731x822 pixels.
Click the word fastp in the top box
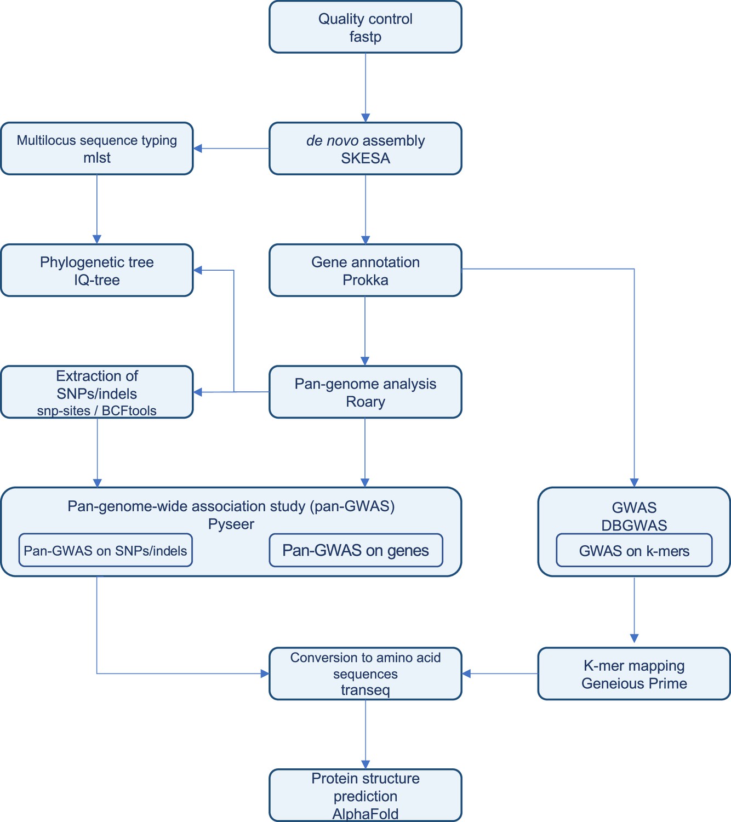pos(365,37)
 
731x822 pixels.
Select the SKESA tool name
pos(365,158)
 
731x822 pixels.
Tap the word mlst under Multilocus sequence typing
pos(96,157)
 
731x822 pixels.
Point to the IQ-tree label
pos(96,280)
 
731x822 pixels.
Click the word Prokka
pos(365,280)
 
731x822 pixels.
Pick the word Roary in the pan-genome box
pos(365,402)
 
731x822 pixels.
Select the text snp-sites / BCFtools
pos(96,410)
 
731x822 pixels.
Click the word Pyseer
pos(231,524)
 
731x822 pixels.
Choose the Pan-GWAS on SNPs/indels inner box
pos(105,550)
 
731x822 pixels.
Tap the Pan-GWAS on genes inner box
pos(356,550)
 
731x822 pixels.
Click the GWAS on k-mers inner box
pos(634,550)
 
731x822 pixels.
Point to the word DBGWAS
pos(634,526)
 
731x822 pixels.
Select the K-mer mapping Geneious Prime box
pos(634,673)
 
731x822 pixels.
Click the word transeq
pos(365,690)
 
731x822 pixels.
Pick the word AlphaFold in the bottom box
pos(365,814)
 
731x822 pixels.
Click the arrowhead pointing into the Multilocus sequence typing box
pos(198,149)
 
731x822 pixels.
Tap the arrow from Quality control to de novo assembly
pos(365,88)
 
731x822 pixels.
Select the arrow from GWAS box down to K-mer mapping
pos(634,609)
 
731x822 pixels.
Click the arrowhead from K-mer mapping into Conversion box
pos(466,673)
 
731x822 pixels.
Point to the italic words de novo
pos(332,141)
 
